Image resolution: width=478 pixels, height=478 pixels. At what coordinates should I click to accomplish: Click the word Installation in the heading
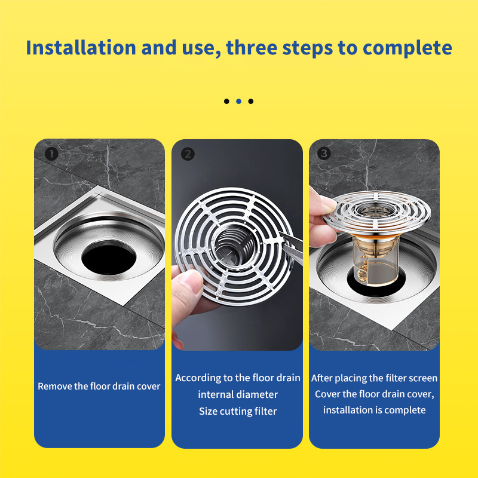pyautogui.click(x=81, y=48)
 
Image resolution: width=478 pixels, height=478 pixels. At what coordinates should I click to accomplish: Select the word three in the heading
pyautogui.click(x=252, y=48)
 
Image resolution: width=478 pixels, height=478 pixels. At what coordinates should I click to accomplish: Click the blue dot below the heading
pyautogui.click(x=238, y=101)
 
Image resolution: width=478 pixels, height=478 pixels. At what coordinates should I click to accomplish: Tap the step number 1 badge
pyautogui.click(x=51, y=154)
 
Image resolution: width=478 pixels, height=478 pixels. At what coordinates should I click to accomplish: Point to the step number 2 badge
pyautogui.click(x=188, y=154)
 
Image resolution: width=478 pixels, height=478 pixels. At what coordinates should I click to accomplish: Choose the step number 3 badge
pyautogui.click(x=324, y=154)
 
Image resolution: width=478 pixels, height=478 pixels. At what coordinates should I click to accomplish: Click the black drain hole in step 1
pyautogui.click(x=109, y=258)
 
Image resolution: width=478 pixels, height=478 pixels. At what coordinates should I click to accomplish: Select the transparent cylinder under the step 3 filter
pyautogui.click(x=376, y=261)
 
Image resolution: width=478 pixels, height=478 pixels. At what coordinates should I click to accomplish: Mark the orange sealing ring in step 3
pyautogui.click(x=376, y=235)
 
